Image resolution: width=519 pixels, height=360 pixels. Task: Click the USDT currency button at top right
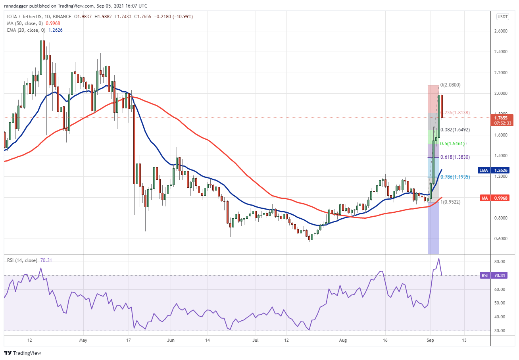pos(502,17)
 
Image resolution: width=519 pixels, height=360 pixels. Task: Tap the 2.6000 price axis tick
pos(503,31)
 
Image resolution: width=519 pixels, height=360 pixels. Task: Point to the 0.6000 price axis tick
pos(503,239)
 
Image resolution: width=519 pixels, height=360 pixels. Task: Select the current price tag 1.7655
pos(503,117)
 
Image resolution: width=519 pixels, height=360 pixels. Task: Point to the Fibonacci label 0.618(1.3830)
pos(456,157)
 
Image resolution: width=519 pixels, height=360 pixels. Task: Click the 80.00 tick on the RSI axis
pos(503,262)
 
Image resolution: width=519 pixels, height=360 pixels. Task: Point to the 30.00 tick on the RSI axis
pos(503,331)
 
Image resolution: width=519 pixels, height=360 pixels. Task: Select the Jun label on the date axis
pos(171,340)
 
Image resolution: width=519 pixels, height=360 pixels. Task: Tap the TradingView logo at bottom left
pos(23,353)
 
